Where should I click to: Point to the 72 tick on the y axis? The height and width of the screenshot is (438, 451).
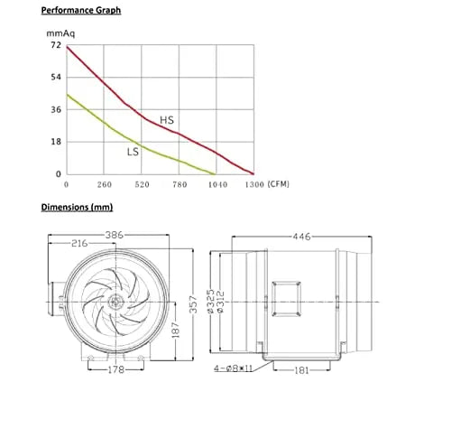point(56,45)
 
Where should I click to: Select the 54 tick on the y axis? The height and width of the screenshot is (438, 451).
point(56,77)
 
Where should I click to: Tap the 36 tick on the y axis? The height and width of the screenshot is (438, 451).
point(56,109)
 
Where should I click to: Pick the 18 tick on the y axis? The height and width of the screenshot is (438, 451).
point(56,142)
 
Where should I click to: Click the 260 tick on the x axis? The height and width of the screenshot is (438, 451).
point(105,185)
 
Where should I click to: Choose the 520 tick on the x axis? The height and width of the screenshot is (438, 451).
point(142,185)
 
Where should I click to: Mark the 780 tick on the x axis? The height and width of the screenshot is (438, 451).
point(179,185)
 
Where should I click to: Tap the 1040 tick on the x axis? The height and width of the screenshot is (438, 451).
point(216,185)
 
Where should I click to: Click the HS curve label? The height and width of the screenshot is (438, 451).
point(167,119)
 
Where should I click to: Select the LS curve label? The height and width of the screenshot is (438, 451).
point(133,152)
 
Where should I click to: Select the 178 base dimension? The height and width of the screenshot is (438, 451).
point(115,369)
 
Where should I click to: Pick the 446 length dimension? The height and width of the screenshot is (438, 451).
point(301,237)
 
